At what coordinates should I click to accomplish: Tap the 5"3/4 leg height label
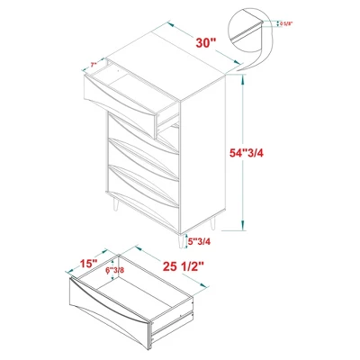pos(199,241)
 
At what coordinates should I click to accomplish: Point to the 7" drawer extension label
pos(94,67)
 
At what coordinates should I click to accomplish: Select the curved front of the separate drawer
pos(109,306)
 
